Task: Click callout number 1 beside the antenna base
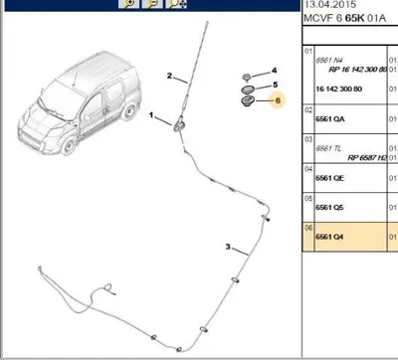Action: pos(152,116)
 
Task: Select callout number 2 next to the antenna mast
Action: pos(170,76)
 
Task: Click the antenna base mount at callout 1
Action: pos(179,124)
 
